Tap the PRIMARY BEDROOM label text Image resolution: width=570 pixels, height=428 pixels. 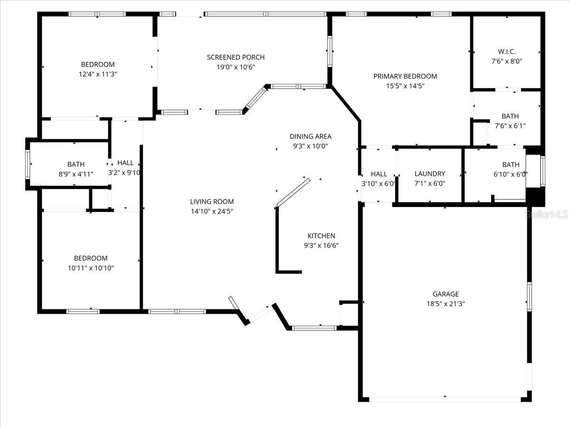tap(405, 76)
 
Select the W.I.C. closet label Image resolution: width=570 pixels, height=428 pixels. tap(506, 51)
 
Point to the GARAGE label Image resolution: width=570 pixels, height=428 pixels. tap(445, 294)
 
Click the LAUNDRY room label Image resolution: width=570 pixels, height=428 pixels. tap(429, 174)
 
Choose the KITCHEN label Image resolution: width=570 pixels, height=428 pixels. tap(321, 236)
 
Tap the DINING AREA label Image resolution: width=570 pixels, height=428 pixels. tap(310, 136)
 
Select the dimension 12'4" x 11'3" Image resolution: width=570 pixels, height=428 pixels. tap(98, 74)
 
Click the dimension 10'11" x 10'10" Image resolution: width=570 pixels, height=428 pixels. tap(91, 268)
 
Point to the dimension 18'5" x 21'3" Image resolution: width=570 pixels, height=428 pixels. tap(445, 303)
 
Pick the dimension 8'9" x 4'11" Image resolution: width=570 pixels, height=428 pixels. tap(76, 174)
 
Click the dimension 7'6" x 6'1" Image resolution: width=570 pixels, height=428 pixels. tap(510, 126)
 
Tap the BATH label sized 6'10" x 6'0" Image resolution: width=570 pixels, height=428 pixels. tap(511, 165)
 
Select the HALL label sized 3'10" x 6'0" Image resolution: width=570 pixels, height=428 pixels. tap(379, 174)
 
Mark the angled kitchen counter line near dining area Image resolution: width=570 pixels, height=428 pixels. tap(293, 193)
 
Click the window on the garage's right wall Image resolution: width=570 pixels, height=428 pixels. tap(529, 296)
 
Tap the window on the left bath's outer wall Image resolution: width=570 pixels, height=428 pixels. tap(28, 164)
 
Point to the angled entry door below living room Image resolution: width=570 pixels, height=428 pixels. tap(259, 314)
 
